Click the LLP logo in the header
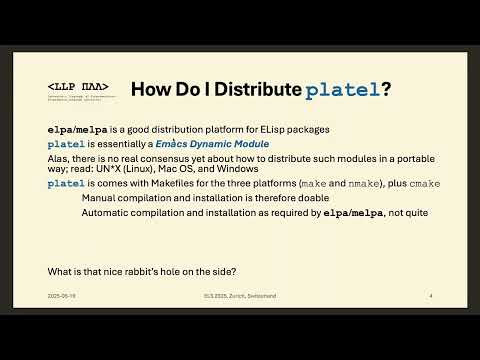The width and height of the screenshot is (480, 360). tap(78, 88)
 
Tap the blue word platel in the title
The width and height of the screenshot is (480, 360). tap(342, 89)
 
